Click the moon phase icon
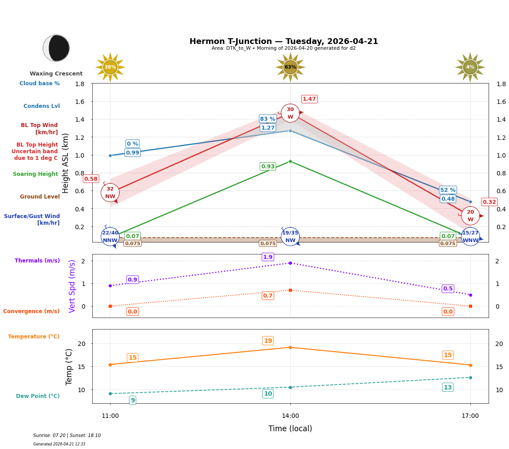tap(56, 48)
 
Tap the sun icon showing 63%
tap(290, 67)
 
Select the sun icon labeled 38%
tap(110, 67)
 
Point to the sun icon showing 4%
tap(470, 67)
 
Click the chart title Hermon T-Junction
tap(284, 41)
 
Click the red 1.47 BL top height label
tap(309, 99)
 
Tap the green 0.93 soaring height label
tap(268, 167)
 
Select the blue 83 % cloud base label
tap(268, 119)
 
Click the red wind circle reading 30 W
tap(290, 113)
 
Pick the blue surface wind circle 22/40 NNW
tap(110, 237)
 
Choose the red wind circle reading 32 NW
tap(110, 193)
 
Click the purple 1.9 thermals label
tap(268, 257)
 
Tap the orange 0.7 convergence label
tap(268, 296)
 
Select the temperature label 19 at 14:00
tap(268, 341)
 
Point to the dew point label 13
tap(448, 388)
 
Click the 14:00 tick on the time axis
tap(290, 416)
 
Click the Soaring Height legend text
tap(36, 174)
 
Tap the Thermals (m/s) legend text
tap(37, 261)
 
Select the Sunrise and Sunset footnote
tap(67, 436)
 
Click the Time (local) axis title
tap(290, 429)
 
